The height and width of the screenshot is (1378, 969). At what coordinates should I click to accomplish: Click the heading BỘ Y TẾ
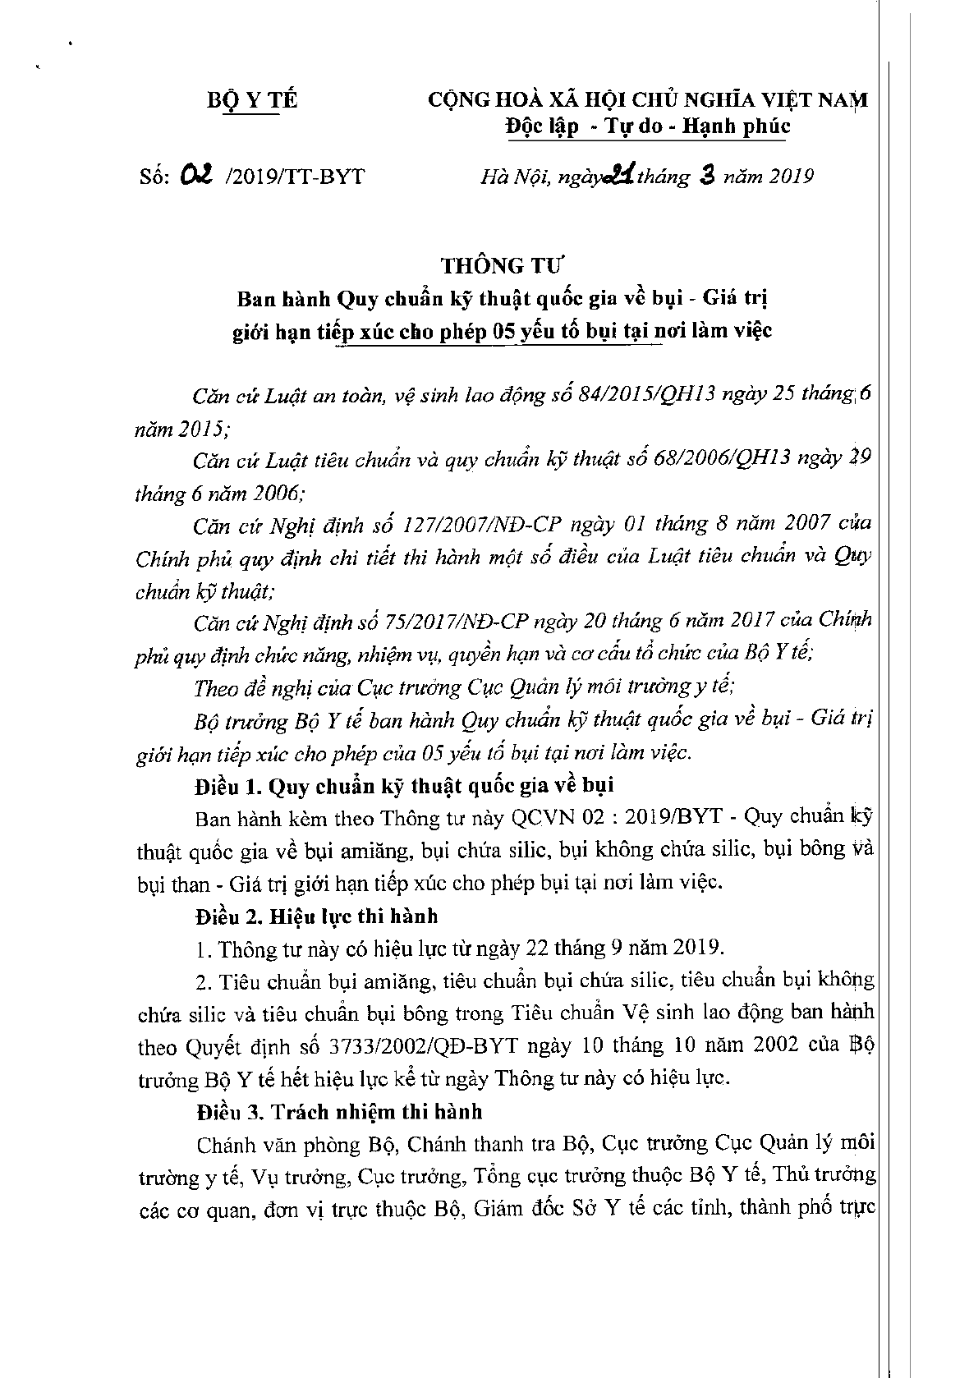(x=250, y=101)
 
